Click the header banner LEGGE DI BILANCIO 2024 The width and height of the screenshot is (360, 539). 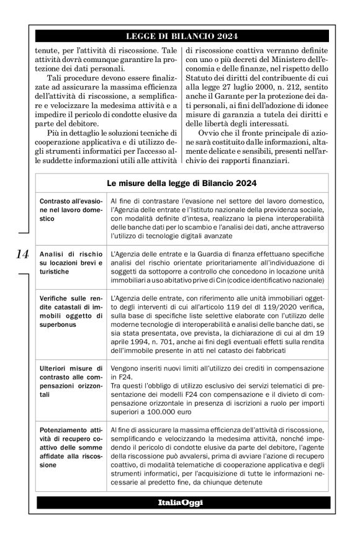click(x=179, y=36)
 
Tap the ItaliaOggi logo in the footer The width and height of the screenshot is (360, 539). click(x=179, y=501)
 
